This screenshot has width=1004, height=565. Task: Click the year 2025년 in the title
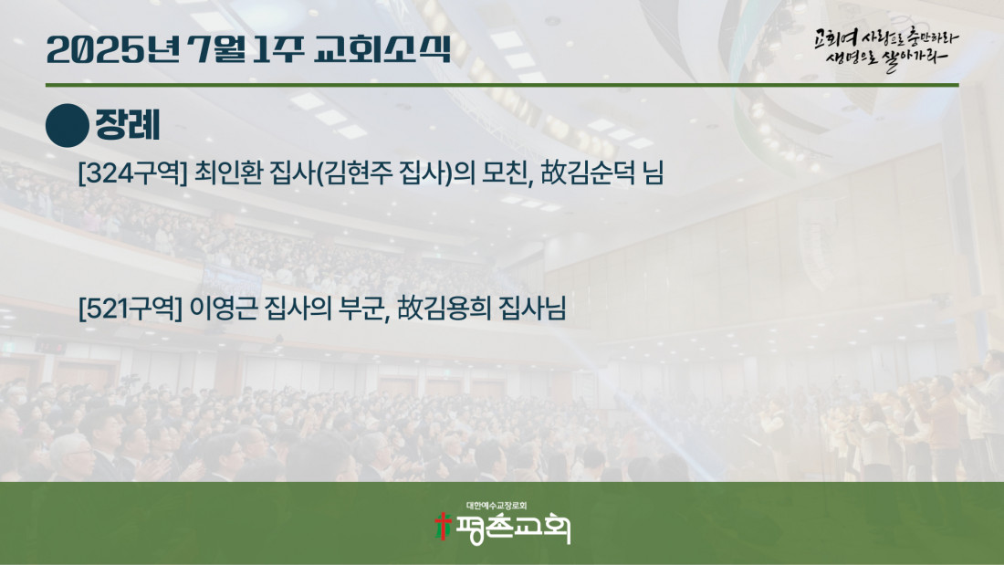click(x=113, y=50)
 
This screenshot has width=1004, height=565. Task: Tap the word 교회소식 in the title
click(x=383, y=50)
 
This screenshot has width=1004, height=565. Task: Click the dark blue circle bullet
click(x=68, y=126)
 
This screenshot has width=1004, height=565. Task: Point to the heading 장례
click(x=128, y=125)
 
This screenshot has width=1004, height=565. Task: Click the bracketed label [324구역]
click(x=132, y=173)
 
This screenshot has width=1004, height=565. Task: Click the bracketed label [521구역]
click(x=130, y=309)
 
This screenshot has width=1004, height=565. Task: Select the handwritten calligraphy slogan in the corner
click(x=886, y=48)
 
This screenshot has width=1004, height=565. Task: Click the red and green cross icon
click(x=443, y=526)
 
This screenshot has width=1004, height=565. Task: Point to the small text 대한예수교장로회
click(x=497, y=506)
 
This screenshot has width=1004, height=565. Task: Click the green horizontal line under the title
click(x=502, y=85)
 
